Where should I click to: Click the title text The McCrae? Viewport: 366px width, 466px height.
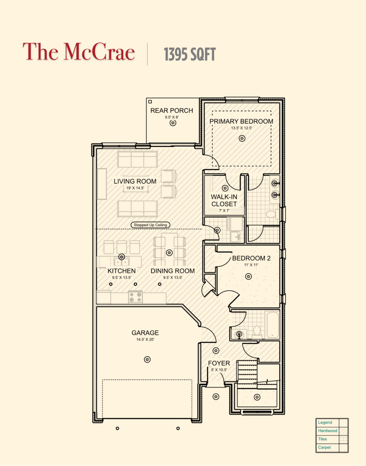pos(79,52)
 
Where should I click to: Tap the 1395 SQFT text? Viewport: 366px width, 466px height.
pos(190,54)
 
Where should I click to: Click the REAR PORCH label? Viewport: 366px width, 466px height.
pos(172,110)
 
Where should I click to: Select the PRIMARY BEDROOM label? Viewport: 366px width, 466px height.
pos(241,121)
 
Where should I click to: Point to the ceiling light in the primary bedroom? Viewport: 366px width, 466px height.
pos(242,138)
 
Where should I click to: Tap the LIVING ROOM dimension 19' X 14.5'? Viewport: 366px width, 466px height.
pos(135,188)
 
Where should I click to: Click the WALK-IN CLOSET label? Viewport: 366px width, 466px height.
pos(224,200)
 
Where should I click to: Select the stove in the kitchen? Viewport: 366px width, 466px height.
pos(136,297)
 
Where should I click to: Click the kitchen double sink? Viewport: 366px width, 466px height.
pos(121,262)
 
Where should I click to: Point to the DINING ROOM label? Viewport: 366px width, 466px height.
pos(172,271)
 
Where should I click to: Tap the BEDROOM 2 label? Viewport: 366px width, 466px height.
pos(251,258)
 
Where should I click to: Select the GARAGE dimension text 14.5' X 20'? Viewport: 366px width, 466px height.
pos(145,340)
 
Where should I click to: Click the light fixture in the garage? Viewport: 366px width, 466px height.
pos(147,359)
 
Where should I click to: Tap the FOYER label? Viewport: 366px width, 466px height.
pos(219,363)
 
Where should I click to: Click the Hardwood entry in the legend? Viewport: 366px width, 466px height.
pos(328,431)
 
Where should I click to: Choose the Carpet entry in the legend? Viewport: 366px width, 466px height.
pos(324,447)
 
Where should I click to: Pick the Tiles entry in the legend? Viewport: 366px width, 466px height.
pos(322,439)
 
